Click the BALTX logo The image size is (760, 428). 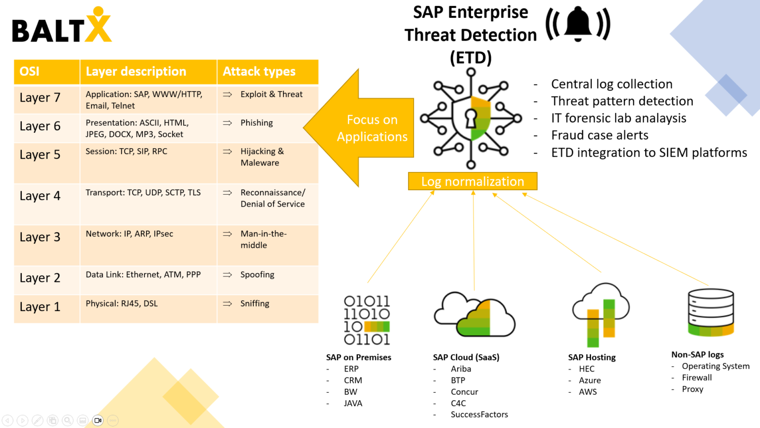click(61, 26)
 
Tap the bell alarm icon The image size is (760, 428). click(578, 25)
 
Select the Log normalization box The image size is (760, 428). click(472, 181)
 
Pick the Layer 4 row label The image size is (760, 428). click(40, 196)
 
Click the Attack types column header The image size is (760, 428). click(259, 72)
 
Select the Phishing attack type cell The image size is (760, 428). click(256, 123)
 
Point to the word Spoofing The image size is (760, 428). click(257, 274)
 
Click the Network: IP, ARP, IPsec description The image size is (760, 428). click(129, 234)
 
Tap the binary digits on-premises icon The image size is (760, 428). click(367, 320)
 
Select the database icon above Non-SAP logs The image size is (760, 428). click(711, 312)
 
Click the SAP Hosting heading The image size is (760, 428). click(592, 357)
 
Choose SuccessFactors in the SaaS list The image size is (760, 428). click(479, 415)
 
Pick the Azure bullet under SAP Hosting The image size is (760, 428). click(590, 380)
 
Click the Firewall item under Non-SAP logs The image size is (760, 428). click(697, 377)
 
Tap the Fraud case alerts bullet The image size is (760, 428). click(600, 135)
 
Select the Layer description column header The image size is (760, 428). click(136, 72)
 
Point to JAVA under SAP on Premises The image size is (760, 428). click(353, 403)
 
